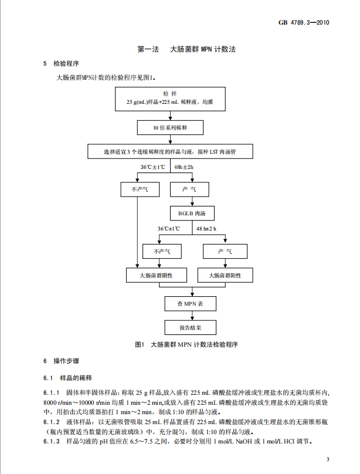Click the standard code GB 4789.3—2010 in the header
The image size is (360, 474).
tap(304, 22)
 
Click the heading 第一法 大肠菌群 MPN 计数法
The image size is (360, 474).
tap(186, 49)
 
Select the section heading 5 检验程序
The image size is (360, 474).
tap(61, 63)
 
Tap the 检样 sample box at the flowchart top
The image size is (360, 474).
tap(170, 99)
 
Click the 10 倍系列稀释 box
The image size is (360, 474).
tap(170, 127)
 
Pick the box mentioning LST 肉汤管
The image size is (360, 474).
tap(170, 151)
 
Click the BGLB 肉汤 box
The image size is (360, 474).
tap(192, 214)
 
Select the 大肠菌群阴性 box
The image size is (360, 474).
tap(157, 275)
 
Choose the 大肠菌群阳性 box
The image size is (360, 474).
tap(225, 275)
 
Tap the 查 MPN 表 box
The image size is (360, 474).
tap(191, 304)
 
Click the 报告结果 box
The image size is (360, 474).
tap(191, 327)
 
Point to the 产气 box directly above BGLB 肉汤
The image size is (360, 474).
tap(189, 189)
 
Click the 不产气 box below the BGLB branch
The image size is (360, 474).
tap(162, 251)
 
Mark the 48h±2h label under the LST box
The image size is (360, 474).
tap(184, 167)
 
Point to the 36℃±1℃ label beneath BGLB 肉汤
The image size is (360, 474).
tap(168, 229)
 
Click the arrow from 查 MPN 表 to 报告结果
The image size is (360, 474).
tap(192, 316)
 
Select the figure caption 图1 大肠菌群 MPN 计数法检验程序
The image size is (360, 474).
tap(186, 344)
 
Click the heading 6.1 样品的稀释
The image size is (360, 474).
tap(67, 378)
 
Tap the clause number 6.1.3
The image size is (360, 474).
tap(52, 441)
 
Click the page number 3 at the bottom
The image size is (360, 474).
tap(328, 459)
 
